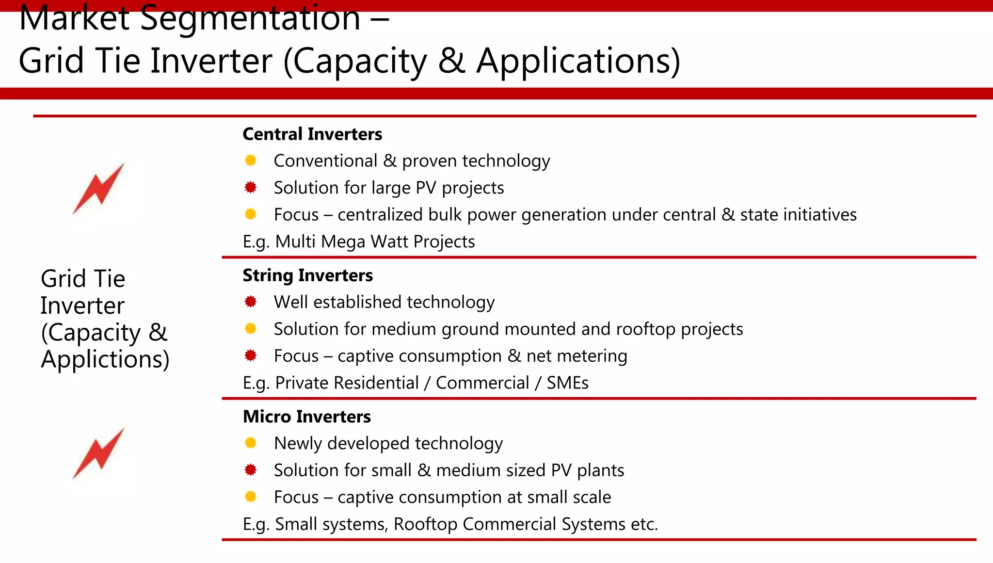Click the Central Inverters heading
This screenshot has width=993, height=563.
click(312, 134)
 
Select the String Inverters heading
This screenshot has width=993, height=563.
click(307, 275)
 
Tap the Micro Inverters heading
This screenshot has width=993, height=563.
click(306, 417)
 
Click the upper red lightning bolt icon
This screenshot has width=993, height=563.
click(99, 189)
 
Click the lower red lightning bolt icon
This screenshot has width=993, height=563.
click(99, 453)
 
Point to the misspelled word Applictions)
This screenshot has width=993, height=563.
click(105, 359)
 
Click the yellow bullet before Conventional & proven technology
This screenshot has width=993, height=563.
click(251, 161)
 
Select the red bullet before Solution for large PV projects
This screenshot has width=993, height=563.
click(251, 188)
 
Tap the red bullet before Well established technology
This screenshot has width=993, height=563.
click(251, 302)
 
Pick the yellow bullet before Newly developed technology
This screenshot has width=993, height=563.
click(251, 443)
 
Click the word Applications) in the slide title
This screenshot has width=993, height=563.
click(578, 61)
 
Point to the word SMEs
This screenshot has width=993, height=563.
click(567, 383)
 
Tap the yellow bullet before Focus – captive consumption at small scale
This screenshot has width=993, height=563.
click(251, 497)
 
